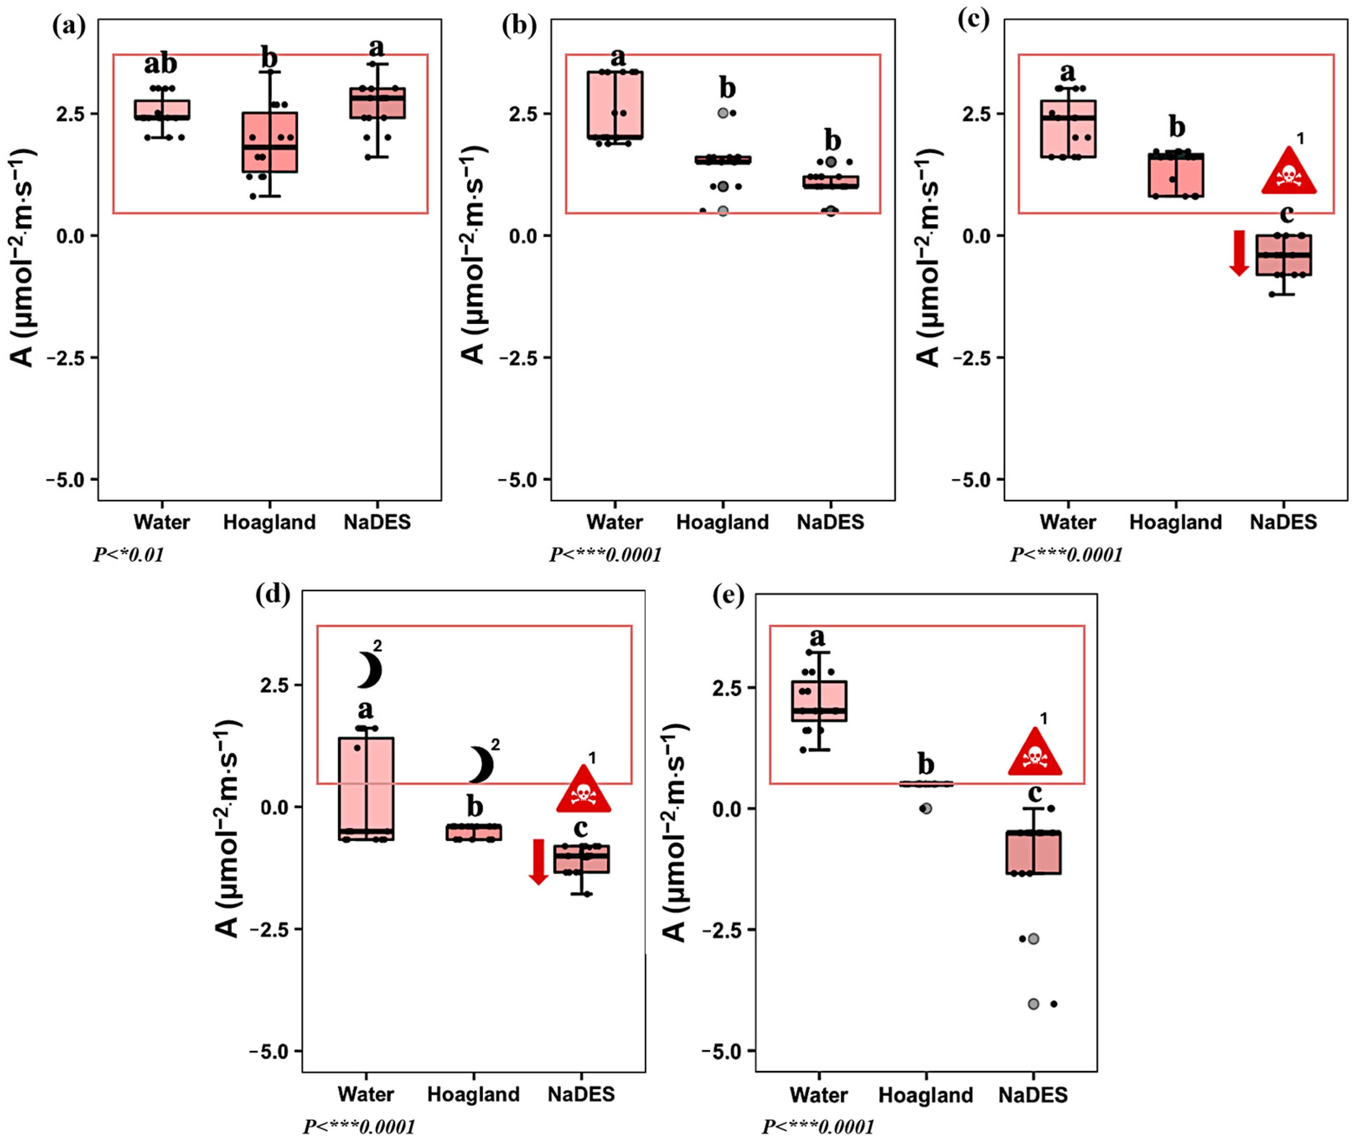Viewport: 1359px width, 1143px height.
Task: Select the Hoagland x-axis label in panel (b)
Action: tap(722, 522)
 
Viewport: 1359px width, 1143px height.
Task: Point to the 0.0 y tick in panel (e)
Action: tap(727, 809)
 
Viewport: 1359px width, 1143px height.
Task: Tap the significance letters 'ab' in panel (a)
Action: tap(160, 64)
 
